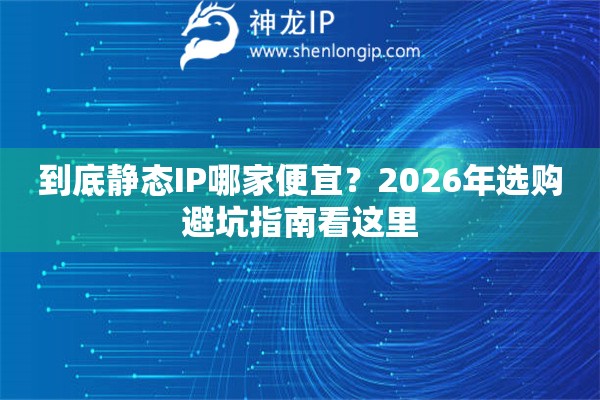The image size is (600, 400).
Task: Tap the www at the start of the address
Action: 264,50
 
